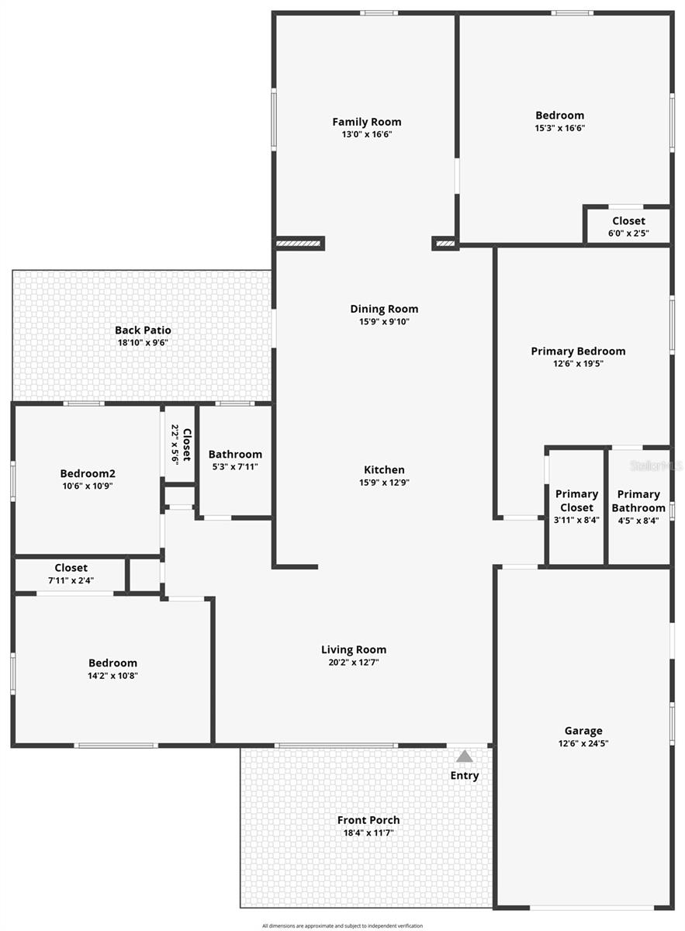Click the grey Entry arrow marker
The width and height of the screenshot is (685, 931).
click(464, 756)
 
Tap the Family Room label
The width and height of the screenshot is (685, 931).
click(367, 122)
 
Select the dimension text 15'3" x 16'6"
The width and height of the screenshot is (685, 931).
click(559, 129)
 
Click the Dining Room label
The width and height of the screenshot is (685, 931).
click(384, 309)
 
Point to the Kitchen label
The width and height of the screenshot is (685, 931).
click(384, 469)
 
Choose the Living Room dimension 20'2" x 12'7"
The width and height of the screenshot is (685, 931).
click(354, 663)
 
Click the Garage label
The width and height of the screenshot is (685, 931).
click(583, 730)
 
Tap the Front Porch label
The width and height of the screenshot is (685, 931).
click(368, 820)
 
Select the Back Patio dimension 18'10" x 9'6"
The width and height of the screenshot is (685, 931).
click(143, 342)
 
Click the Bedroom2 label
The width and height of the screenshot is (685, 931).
click(88, 473)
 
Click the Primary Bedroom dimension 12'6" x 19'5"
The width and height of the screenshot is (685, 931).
click(578, 363)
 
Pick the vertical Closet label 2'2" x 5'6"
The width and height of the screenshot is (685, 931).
click(181, 445)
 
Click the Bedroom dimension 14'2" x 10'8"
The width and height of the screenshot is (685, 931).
click(112, 676)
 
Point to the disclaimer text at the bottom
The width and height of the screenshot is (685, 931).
click(342, 926)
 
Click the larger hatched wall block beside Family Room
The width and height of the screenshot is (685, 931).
click(299, 244)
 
